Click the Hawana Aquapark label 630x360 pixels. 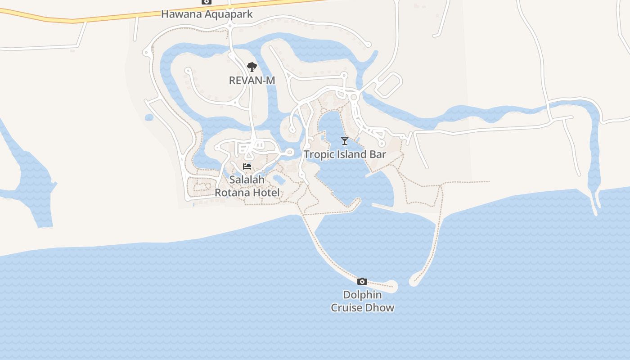[207, 14]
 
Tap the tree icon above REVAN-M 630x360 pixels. [252, 67]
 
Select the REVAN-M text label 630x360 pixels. [252, 81]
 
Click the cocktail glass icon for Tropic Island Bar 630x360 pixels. [345, 141]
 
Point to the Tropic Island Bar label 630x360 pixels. [345, 154]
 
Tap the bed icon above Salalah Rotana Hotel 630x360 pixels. [247, 166]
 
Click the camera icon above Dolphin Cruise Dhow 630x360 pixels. [362, 282]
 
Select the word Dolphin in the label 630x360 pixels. [362, 295]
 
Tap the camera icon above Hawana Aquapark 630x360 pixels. [207, 2]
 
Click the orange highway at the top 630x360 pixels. [112, 18]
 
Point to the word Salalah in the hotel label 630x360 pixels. [247, 180]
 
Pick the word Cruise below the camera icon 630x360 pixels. [347, 308]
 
